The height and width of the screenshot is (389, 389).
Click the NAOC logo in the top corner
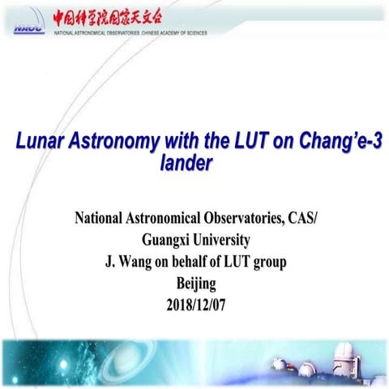click(x=28, y=26)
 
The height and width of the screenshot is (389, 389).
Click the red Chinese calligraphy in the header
click(x=119, y=16)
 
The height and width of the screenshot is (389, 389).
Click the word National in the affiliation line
click(x=103, y=219)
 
